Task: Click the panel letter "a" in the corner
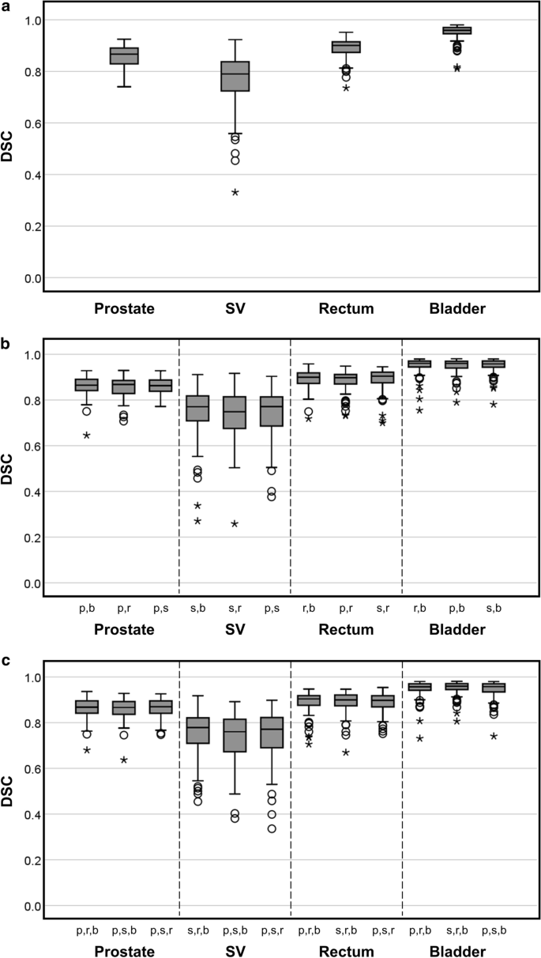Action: [x=6, y=6]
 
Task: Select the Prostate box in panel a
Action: [x=124, y=55]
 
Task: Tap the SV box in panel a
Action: [x=235, y=76]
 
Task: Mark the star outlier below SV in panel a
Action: [x=235, y=193]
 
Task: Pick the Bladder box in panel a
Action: [x=456, y=31]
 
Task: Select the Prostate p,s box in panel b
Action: [x=161, y=385]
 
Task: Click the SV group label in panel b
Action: [x=235, y=630]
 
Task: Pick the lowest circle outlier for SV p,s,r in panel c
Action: [x=272, y=828]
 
